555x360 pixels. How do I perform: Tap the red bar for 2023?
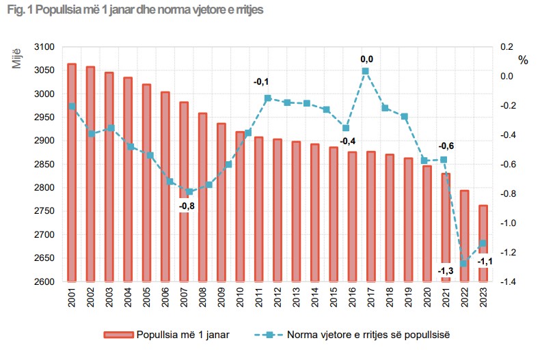click(x=483, y=243)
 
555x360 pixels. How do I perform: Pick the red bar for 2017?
click(x=370, y=216)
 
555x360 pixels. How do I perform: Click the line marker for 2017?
click(x=366, y=71)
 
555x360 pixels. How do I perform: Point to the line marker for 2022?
click(x=463, y=264)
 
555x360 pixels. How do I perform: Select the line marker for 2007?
click(x=189, y=192)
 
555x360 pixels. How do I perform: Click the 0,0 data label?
click(x=367, y=59)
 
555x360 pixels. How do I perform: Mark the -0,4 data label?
click(x=347, y=141)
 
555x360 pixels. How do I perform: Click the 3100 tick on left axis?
click(x=43, y=47)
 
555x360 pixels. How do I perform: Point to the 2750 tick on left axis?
click(x=43, y=211)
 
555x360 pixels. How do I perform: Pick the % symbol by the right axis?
click(x=524, y=60)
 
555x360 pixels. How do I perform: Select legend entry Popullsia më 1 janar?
click(x=167, y=334)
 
